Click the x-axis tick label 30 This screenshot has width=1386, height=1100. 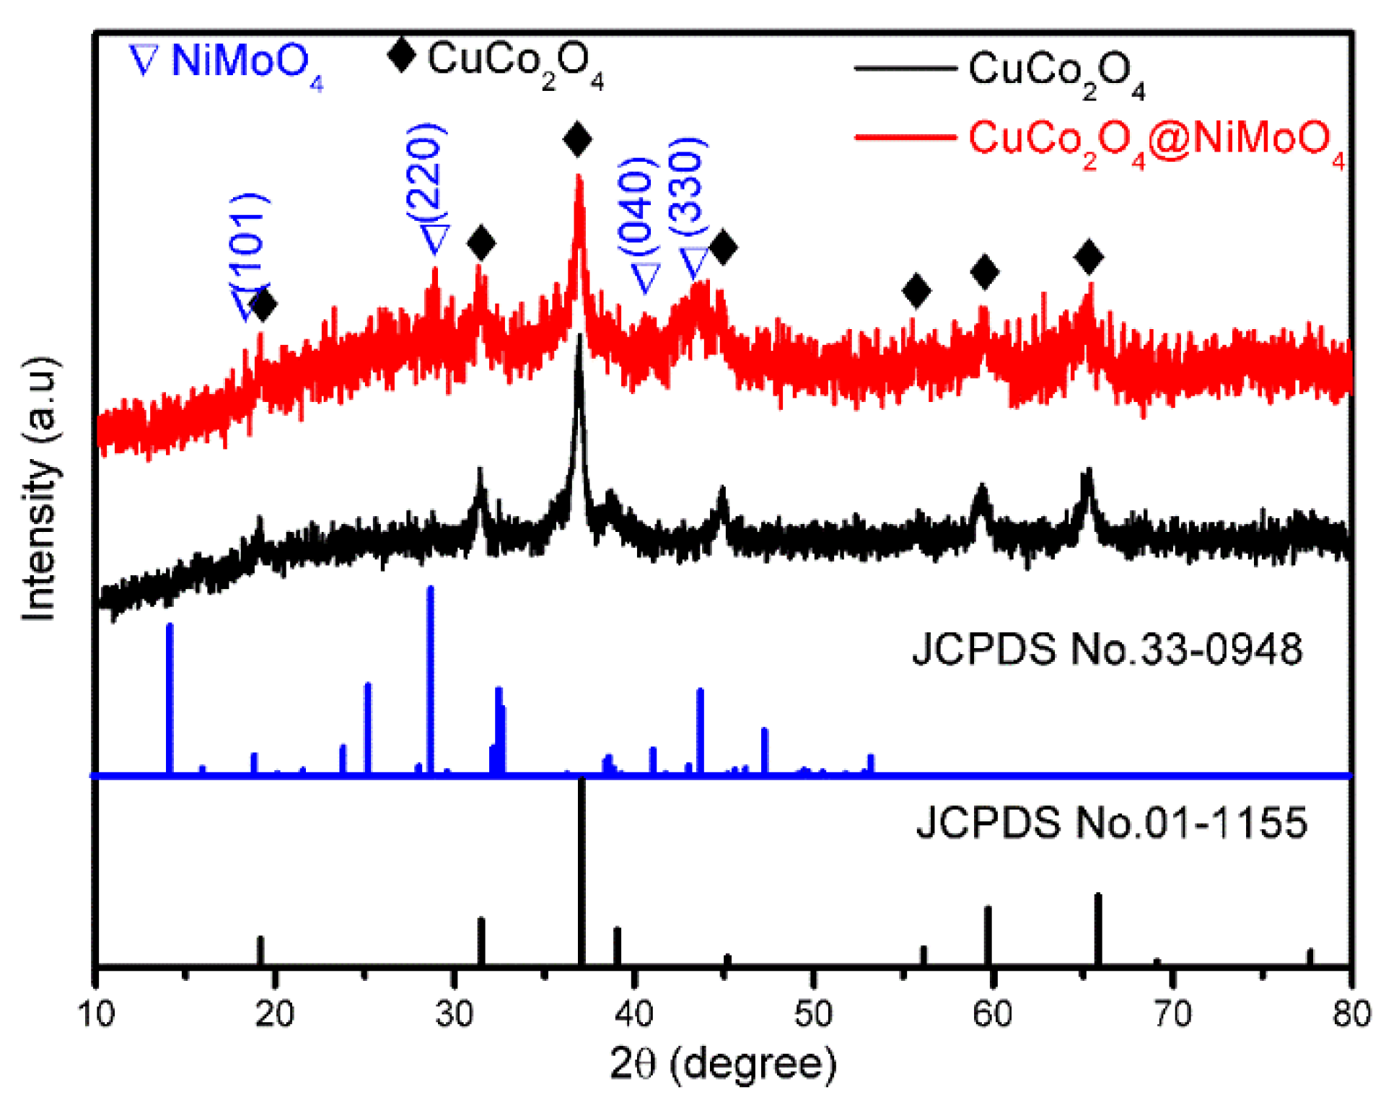click(454, 1014)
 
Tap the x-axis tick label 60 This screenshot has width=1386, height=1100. click(992, 1014)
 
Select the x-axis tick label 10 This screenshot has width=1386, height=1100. click(96, 1014)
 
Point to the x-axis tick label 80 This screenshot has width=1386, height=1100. click(1351, 1014)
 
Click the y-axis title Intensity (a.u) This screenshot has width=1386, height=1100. click(40, 488)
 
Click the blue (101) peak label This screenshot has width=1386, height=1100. click(249, 242)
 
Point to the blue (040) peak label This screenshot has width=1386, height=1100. click(638, 204)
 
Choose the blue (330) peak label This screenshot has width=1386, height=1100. click(687, 185)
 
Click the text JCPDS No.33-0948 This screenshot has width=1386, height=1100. click(1107, 648)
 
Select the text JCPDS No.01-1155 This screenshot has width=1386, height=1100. click(1111, 822)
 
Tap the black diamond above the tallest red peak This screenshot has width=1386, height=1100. click(577, 139)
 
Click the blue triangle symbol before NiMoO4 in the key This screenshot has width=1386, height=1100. click(143, 60)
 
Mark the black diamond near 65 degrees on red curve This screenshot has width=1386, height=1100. click(1089, 257)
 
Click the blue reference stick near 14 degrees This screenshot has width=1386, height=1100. click(170, 699)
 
